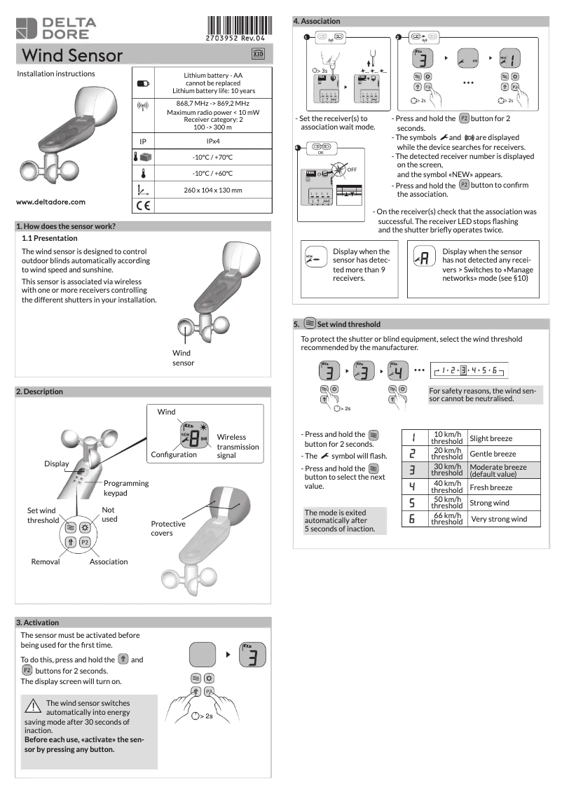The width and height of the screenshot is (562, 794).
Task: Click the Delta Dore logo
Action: [56, 28]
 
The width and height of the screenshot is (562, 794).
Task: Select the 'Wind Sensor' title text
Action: [73, 55]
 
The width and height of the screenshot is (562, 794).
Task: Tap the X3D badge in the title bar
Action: [258, 55]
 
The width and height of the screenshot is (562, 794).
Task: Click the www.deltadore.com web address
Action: [50, 202]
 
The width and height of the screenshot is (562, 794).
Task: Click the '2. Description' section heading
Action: [39, 391]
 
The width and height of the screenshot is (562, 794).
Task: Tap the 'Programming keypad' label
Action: [126, 487]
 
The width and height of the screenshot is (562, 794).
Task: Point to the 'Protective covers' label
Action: [168, 528]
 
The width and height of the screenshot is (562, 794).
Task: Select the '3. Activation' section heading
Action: [38, 622]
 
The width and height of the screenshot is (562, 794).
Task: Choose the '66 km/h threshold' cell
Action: [447, 519]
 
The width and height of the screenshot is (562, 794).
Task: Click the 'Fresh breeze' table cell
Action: [491, 487]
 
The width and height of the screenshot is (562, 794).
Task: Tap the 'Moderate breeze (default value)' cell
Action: [498, 471]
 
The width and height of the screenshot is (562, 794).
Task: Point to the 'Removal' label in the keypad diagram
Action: [46, 562]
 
